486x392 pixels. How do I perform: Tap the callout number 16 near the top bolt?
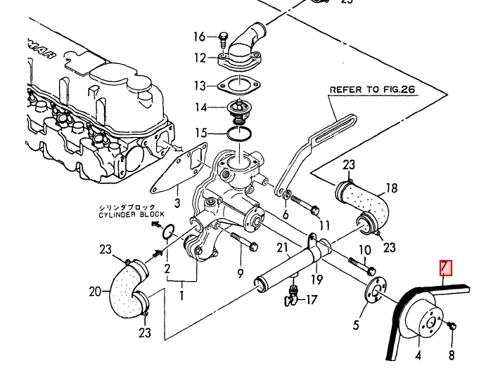pyautogui.click(x=200, y=37)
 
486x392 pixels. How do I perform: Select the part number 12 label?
pyautogui.click(x=200, y=58)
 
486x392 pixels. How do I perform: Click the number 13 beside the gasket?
pyautogui.click(x=200, y=86)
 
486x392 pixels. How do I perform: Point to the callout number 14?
pyautogui.click(x=200, y=108)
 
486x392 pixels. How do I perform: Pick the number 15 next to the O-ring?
pyautogui.click(x=201, y=132)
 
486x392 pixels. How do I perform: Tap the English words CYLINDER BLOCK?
pyautogui.click(x=132, y=214)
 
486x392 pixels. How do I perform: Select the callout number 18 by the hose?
pyautogui.click(x=392, y=188)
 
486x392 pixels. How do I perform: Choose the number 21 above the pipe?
pyautogui.click(x=283, y=247)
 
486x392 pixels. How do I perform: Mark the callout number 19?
pyautogui.click(x=317, y=280)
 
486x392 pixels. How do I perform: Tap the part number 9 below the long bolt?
pyautogui.click(x=240, y=273)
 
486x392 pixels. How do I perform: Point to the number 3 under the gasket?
pyautogui.click(x=177, y=203)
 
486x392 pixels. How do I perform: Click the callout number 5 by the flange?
pyautogui.click(x=356, y=325)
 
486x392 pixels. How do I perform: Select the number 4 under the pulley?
pyautogui.click(x=418, y=355)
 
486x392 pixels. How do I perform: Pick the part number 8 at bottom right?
pyautogui.click(x=452, y=355)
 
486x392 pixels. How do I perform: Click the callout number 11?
pyautogui.click(x=324, y=225)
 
